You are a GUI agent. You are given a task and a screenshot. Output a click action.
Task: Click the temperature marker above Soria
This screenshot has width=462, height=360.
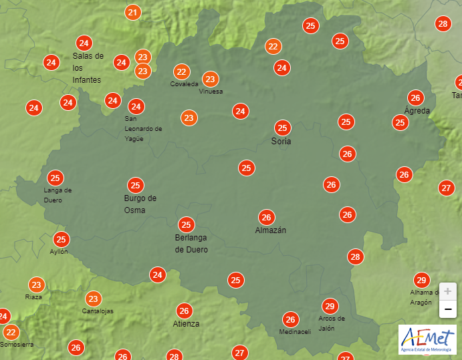pos(283,128)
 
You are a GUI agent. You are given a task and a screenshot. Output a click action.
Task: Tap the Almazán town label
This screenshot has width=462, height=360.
pos(270,230)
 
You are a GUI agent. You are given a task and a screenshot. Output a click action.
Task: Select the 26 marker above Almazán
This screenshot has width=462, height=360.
pos(267,217)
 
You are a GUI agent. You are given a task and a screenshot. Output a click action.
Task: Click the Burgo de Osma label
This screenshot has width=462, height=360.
pos(140,204)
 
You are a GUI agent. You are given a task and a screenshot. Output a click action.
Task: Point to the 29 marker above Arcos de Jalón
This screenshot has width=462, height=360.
pos(329,306)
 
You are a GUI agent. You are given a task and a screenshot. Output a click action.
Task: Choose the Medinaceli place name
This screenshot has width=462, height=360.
pos(295,332)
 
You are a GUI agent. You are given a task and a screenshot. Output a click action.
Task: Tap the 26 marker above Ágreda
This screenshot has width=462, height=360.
pos(415,97)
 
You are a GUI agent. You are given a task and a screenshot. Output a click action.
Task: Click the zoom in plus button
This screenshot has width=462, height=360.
pos(447,291)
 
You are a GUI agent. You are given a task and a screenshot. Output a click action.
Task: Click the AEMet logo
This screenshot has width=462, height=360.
pos(427,339)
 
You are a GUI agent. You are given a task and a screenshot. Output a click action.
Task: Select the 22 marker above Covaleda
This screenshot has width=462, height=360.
pos(181,71)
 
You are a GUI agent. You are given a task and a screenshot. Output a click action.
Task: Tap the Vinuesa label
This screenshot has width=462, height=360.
pos(211,92)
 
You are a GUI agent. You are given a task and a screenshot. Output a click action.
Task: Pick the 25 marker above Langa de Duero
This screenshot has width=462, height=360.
pos(55,178)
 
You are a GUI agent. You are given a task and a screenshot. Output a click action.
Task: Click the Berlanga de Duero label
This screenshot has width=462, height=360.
pos(191,243)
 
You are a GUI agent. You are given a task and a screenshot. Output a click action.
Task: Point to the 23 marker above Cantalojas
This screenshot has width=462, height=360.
pos(94,299)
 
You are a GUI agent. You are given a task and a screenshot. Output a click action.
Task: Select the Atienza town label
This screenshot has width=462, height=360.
pos(186,324)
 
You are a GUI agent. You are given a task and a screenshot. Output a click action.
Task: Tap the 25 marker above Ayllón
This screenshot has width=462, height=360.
pos(62,239)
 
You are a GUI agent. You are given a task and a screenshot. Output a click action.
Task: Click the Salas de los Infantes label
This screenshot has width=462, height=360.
pos(88,68)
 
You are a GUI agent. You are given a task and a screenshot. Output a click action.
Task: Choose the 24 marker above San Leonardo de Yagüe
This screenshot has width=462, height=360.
pos(136,106)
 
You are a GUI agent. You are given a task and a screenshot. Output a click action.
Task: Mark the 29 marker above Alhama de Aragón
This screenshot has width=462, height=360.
pos(421,280)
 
